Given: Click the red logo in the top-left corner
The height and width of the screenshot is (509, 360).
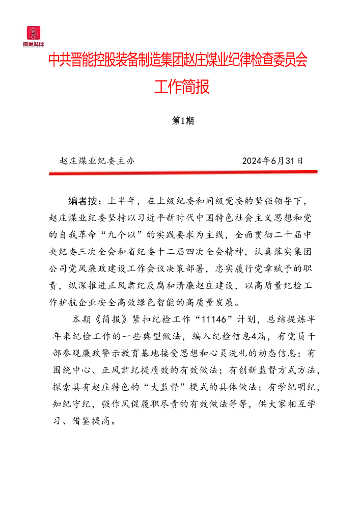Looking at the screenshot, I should point(35,35).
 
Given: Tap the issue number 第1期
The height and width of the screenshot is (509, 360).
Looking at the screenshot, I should point(182,121).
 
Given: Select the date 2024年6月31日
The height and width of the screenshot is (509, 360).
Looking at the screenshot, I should point(273,160).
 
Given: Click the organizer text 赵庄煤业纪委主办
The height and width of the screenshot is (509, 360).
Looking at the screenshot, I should point(97,160).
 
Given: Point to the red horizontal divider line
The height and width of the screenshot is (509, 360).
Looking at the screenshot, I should point(183,173).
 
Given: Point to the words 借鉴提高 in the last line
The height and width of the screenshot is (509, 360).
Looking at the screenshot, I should point(95,421).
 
